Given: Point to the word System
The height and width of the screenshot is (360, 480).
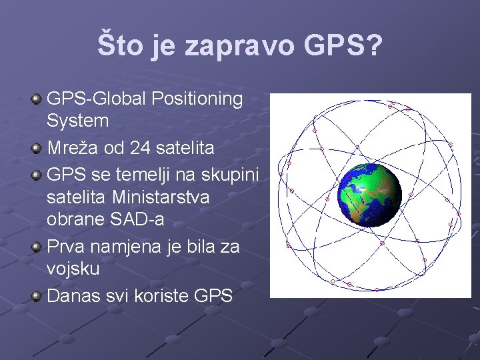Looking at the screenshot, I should pyautogui.click(x=77, y=121).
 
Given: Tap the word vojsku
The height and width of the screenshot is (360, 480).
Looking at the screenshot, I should pyautogui.click(x=73, y=269).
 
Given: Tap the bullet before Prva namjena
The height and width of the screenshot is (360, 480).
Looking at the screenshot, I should pyautogui.click(x=37, y=247).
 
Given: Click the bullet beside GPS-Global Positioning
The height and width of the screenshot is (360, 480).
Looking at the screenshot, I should pyautogui.click(x=37, y=99).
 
